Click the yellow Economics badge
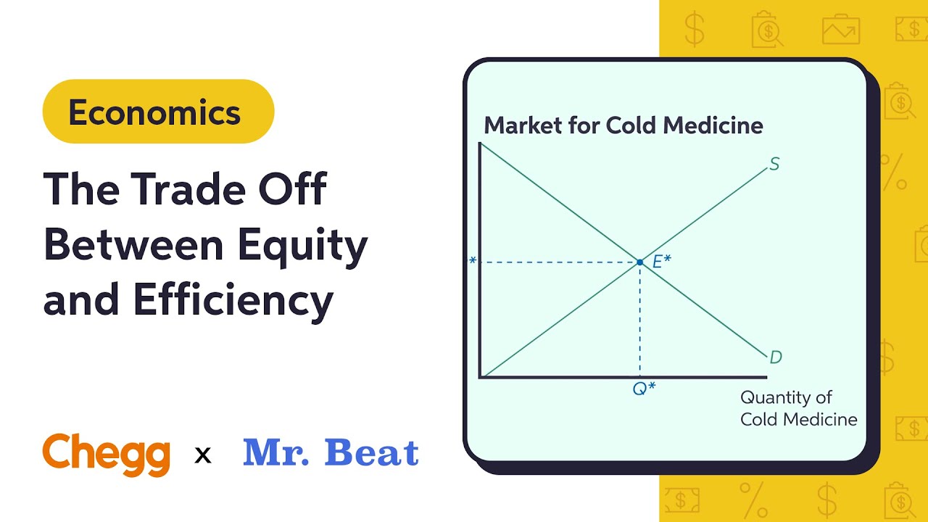pos(158,112)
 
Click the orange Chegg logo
pos(107,455)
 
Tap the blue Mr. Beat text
pos(331,453)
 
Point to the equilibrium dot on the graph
pos(639,262)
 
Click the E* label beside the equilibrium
pos(661,262)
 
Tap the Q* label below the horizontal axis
pos(644,388)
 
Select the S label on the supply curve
pos(774,165)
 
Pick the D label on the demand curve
pos(775,357)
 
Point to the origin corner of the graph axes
pos(481,377)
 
